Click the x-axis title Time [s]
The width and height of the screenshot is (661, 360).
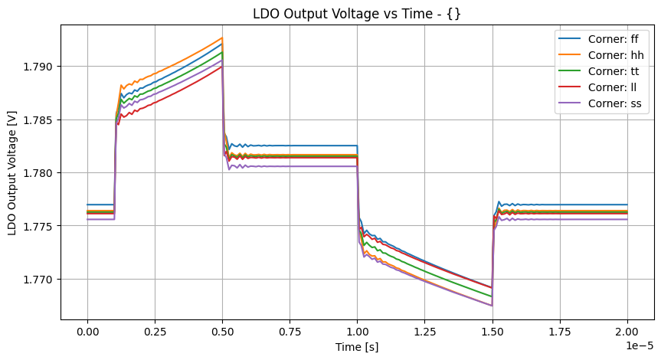[357, 346]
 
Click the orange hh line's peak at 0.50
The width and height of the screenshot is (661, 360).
[222, 38]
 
